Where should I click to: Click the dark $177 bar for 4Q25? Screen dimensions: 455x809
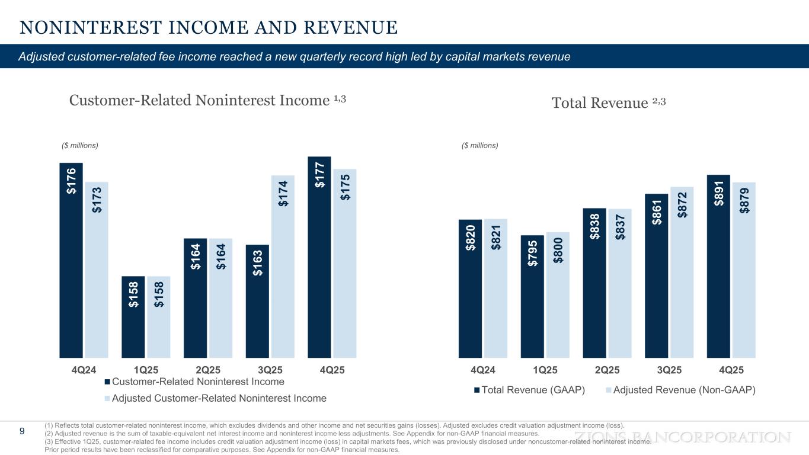click(x=319, y=257)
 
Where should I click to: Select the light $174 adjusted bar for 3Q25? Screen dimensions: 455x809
click(x=283, y=267)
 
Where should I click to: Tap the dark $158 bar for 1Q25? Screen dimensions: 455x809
click(x=133, y=317)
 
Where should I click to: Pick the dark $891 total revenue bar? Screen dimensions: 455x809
click(x=718, y=266)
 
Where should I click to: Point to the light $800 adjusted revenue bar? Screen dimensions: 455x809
click(x=558, y=294)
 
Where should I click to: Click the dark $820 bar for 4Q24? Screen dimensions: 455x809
click(x=470, y=289)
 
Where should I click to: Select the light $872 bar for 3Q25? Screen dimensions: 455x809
click(x=682, y=272)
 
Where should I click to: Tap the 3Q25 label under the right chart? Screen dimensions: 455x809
click(x=669, y=370)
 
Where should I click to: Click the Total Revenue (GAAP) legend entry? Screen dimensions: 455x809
click(x=529, y=390)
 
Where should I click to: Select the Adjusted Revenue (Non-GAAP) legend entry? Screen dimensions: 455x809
click(x=680, y=390)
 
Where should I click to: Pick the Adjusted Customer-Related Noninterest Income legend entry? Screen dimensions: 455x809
click(x=215, y=398)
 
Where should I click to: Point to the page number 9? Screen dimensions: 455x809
click(x=22, y=431)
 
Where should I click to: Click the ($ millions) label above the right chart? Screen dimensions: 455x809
click(x=480, y=145)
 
